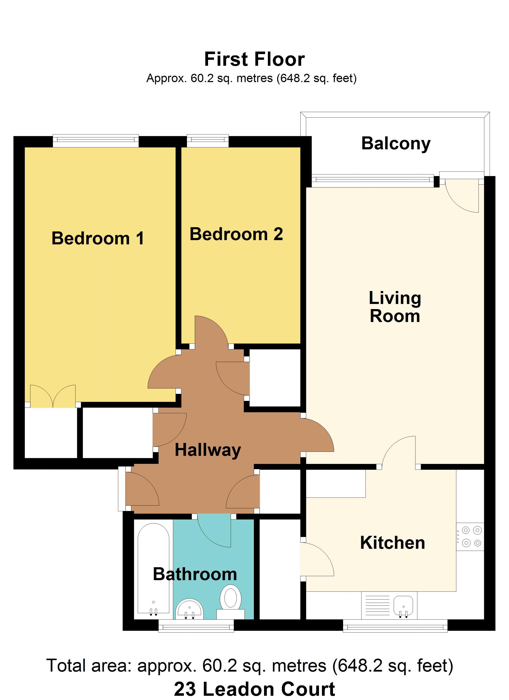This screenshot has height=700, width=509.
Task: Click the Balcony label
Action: [x=396, y=144]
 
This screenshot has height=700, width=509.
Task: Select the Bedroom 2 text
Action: [x=236, y=234]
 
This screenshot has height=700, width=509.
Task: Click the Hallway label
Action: [x=208, y=450]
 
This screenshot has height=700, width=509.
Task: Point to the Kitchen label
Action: [x=392, y=543]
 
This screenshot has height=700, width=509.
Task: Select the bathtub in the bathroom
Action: [x=153, y=570]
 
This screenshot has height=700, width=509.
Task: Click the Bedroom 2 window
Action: [x=208, y=141]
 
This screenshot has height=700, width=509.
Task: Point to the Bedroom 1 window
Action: [x=96, y=141]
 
